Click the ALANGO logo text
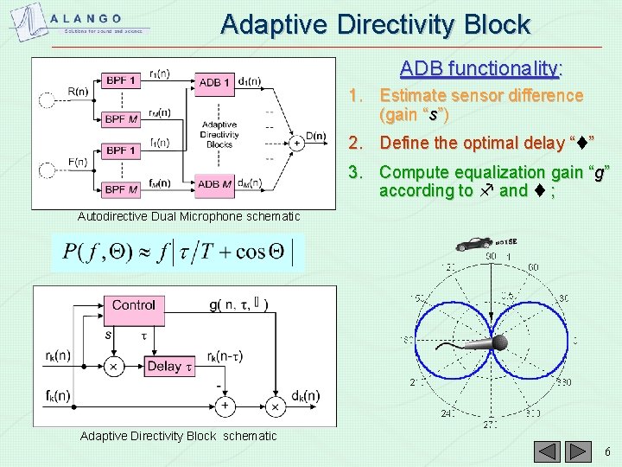point(86,18)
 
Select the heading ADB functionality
point(480,67)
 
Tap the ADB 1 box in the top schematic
point(214,82)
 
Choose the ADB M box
point(214,183)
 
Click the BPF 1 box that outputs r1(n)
point(122,80)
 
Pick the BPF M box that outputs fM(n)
point(122,189)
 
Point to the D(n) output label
point(315,136)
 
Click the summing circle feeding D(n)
point(295,143)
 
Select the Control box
point(134,305)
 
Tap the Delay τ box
point(168,366)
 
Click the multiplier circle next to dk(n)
point(274,406)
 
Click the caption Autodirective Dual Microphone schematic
point(188,216)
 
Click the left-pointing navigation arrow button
point(548,451)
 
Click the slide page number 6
point(607,451)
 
